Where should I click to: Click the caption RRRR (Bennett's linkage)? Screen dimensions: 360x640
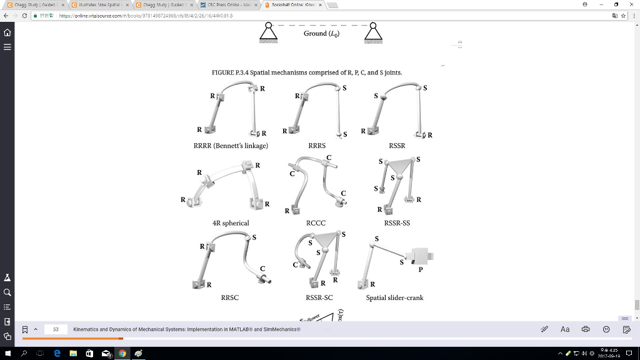(231, 146)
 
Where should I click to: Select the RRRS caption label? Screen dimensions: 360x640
(317, 146)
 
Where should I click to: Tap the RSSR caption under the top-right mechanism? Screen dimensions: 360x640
(397, 146)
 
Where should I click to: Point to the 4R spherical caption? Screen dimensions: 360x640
(231, 223)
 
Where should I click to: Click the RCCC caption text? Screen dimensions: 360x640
(316, 223)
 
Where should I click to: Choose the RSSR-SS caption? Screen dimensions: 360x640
(397, 223)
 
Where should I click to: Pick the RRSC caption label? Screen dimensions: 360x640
(229, 298)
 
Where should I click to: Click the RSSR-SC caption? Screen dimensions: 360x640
(319, 298)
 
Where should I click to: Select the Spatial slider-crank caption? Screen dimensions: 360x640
(394, 298)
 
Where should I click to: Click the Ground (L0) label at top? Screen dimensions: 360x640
(321, 33)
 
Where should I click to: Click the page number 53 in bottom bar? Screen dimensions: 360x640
(56, 329)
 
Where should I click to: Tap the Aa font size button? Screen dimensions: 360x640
(565, 329)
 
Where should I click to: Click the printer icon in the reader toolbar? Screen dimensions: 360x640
(586, 329)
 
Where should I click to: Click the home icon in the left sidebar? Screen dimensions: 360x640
(7, 32)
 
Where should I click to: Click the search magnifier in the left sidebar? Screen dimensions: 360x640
(7, 292)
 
